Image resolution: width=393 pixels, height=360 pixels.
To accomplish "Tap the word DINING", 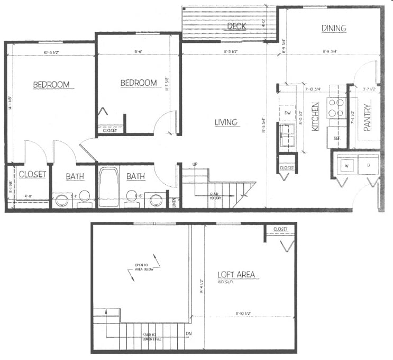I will pos(333,28).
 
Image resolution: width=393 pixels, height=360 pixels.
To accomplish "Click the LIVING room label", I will pos(226,122).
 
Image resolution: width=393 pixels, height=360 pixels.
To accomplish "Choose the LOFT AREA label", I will pos(236,274).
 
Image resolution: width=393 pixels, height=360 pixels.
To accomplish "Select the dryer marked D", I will pos(368,165).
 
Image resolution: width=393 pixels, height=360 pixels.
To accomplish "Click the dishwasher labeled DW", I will pos(288,113).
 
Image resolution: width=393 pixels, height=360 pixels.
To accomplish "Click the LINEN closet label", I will pos(176,202).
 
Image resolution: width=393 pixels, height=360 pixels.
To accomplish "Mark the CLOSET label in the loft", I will pos(280,229).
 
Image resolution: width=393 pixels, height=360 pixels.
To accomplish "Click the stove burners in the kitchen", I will pos(335,107).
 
